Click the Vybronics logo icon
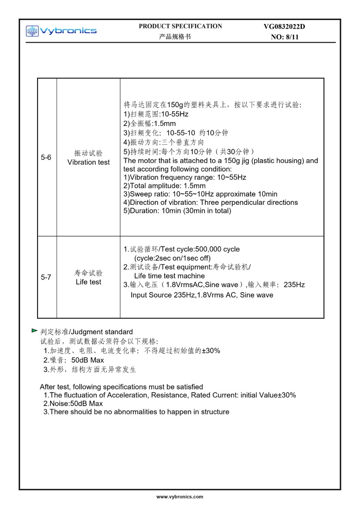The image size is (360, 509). [x=32, y=31]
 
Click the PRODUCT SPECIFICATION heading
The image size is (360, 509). [x=180, y=26]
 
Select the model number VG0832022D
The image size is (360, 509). [x=284, y=27]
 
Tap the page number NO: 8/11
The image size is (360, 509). [x=284, y=37]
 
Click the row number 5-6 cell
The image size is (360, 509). [x=46, y=157]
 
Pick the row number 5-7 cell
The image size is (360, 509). [x=46, y=277]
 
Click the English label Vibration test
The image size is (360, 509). [x=88, y=162]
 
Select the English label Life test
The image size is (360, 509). [x=88, y=282]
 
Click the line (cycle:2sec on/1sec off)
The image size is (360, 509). [x=172, y=258]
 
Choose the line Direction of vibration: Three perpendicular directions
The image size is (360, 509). [x=211, y=202]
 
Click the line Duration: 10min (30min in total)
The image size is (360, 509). [x=177, y=211]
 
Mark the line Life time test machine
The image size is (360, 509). [x=169, y=276]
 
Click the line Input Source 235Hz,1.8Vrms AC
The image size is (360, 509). [x=202, y=295]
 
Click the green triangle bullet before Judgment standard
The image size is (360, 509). [x=34, y=331]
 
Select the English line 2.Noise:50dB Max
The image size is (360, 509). [x=73, y=404]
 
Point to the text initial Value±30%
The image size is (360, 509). [x=268, y=395]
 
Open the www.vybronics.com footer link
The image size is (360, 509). [x=180, y=496]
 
